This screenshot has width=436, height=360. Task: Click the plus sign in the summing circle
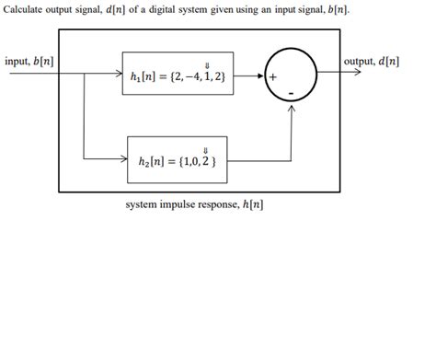click(273, 79)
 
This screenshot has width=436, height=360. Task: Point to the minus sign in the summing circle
click(290, 94)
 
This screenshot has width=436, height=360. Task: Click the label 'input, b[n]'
click(28, 62)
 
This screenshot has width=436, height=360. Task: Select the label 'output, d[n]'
click(371, 62)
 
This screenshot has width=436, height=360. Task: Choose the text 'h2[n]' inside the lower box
click(150, 162)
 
